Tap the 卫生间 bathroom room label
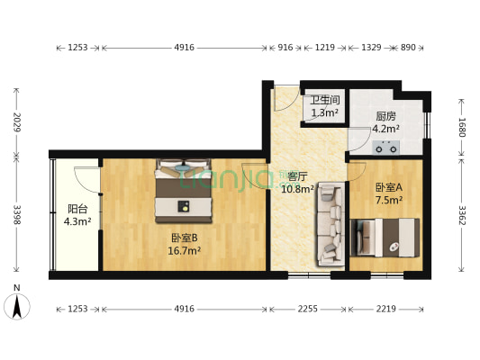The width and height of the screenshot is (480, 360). pyautogui.click(x=324, y=100)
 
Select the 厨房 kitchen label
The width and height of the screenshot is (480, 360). pyautogui.click(x=386, y=116)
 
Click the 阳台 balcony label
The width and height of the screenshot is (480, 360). pyautogui.click(x=76, y=206)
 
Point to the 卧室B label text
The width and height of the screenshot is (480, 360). pyautogui.click(x=186, y=238)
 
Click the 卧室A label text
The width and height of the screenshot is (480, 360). pyautogui.click(x=388, y=187)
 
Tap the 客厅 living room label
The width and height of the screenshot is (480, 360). pyautogui.click(x=298, y=176)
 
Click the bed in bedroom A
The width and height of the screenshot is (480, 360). pyautogui.click(x=388, y=237)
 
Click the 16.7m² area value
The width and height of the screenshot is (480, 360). pyautogui.click(x=186, y=251)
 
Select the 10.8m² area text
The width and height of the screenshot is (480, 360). pyautogui.click(x=298, y=190)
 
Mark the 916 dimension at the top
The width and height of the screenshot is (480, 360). pyautogui.click(x=285, y=47)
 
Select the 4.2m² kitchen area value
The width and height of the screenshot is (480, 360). pyautogui.click(x=386, y=129)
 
